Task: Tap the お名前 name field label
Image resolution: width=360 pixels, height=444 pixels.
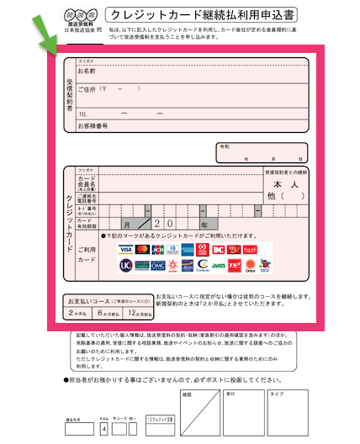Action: tap(87, 72)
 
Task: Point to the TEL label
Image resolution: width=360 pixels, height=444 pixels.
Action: tap(83, 114)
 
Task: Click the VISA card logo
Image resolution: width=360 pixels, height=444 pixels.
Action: tap(126, 250)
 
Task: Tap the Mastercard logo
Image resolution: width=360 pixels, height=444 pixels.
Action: tap(142, 250)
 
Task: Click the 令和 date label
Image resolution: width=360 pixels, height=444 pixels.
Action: tap(225, 146)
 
